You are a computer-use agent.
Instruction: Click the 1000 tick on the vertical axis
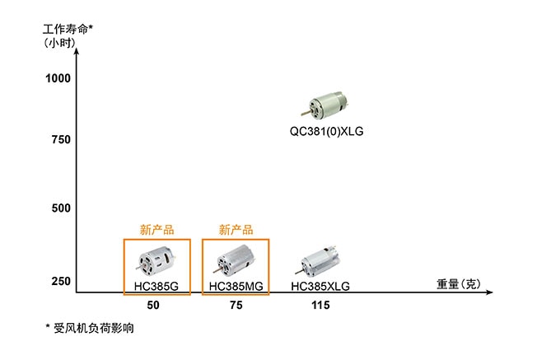58,78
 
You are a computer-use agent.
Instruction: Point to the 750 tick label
61,139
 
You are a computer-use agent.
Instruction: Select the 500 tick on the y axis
61,208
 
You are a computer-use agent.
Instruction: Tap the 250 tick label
61,281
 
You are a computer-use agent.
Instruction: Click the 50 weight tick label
153,305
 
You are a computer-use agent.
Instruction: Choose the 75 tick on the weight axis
236,305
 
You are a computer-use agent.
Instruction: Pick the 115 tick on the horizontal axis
320,305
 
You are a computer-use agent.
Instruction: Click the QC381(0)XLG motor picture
325,105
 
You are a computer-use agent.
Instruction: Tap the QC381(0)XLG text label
326,131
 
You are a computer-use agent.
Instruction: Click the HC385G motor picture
157,261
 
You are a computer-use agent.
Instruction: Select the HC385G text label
156,286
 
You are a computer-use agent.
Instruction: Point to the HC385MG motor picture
235,261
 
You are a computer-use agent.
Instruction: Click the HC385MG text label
236,286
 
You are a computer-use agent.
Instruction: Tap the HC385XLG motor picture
318,261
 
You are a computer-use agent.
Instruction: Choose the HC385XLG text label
320,286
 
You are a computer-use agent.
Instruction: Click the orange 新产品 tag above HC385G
156,230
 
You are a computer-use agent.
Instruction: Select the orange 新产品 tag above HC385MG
236,230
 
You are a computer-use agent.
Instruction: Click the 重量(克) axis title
459,284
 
